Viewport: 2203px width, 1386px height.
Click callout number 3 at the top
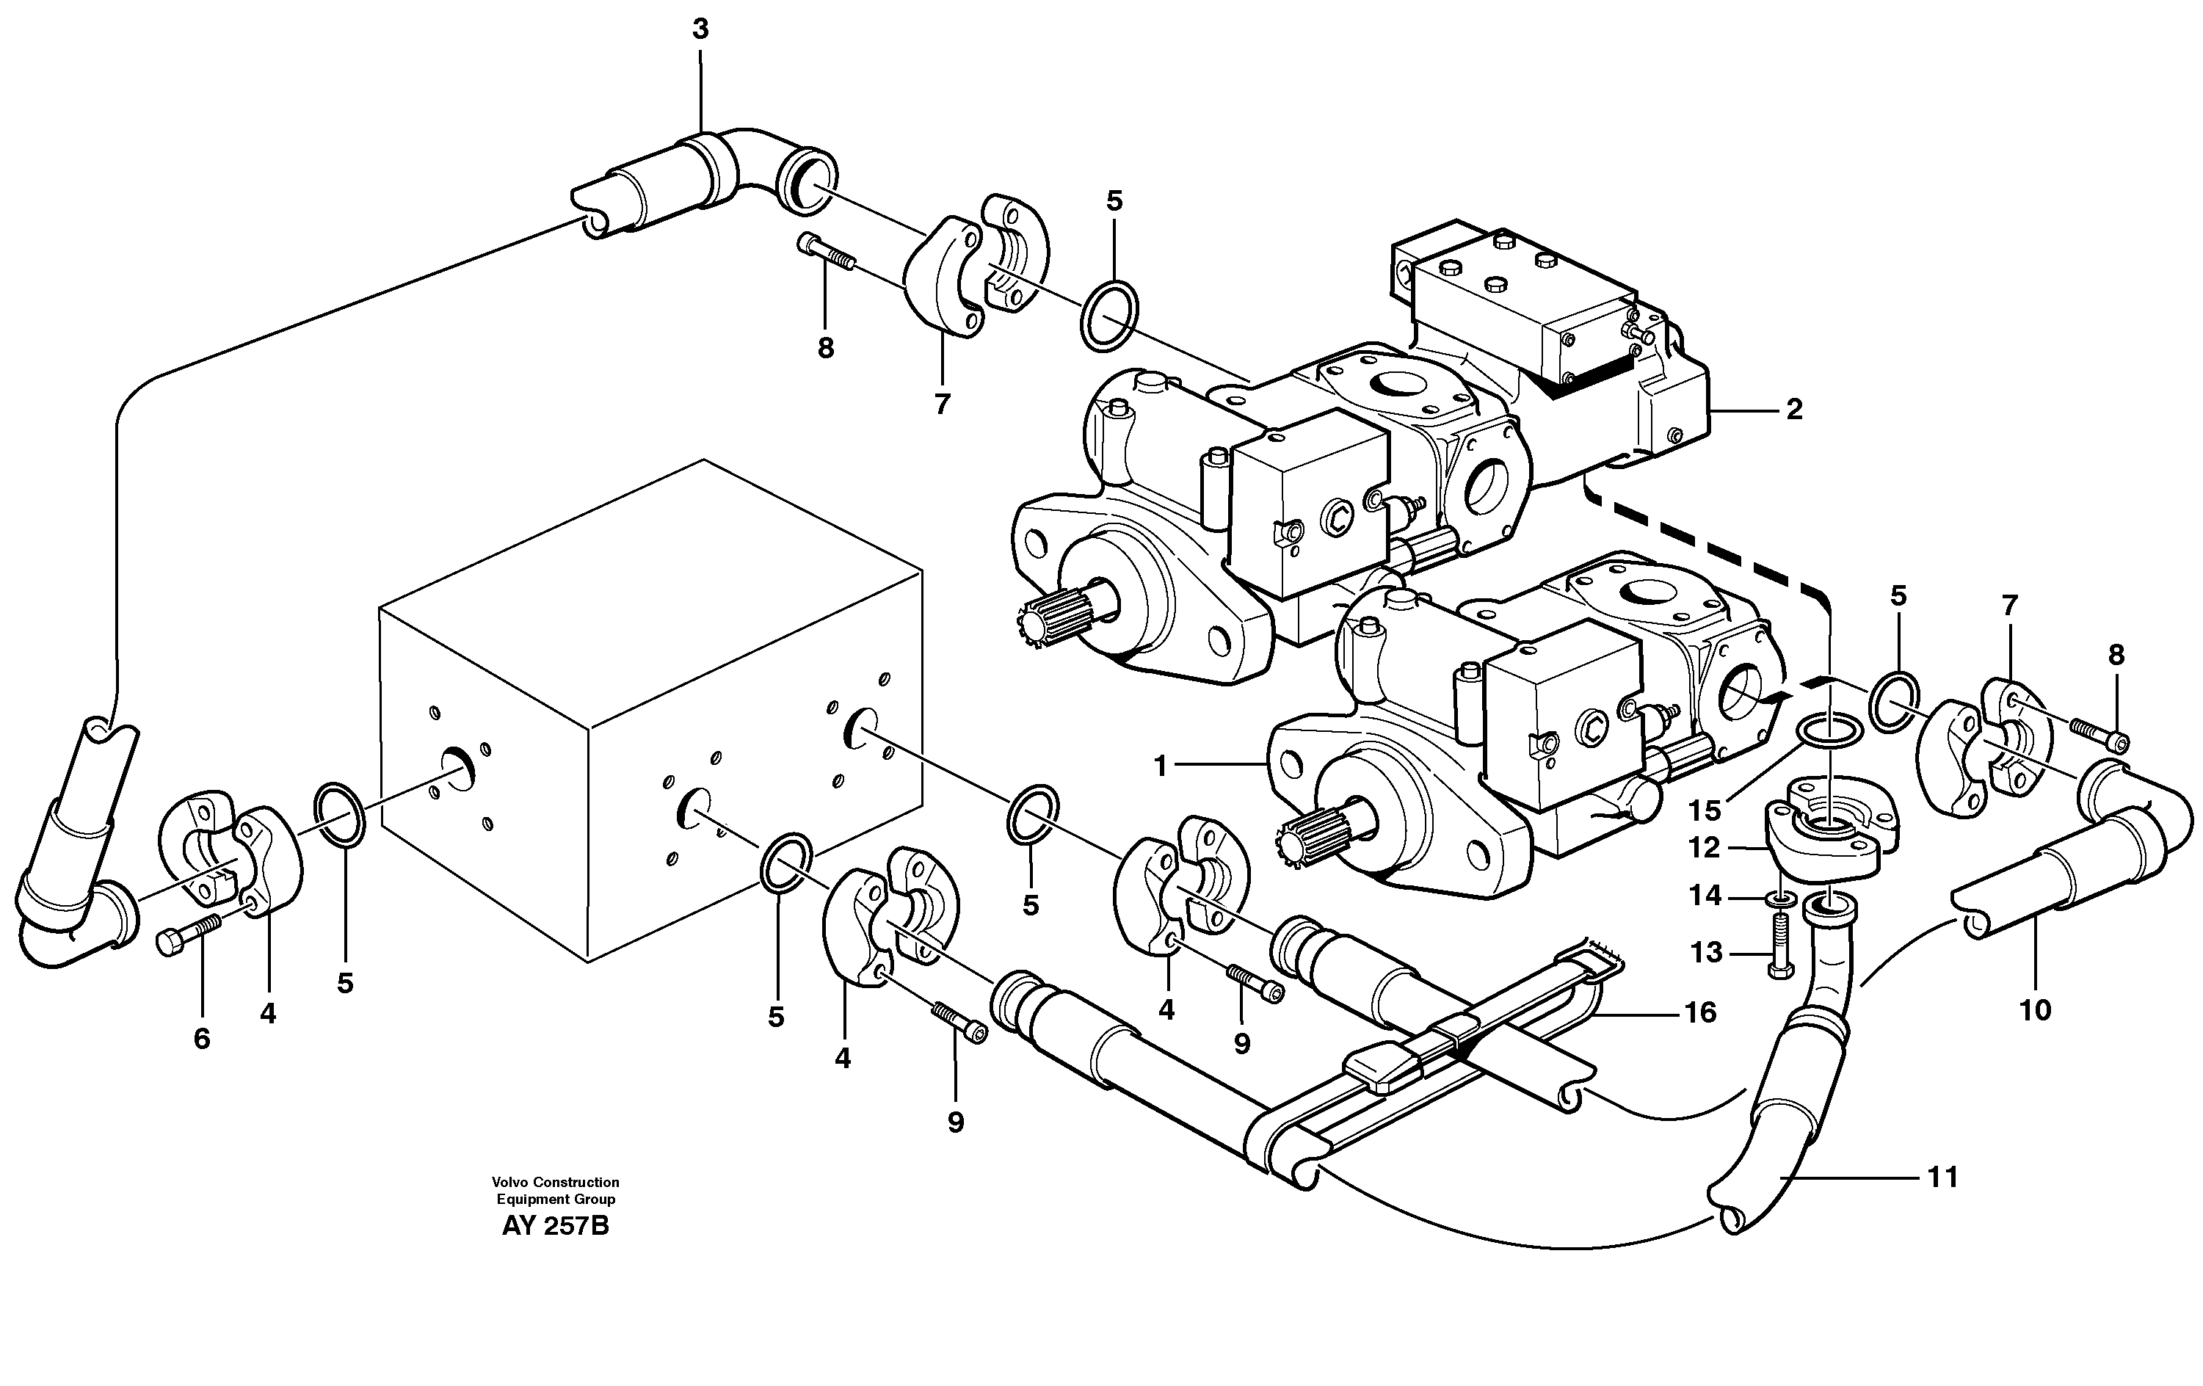coord(700,30)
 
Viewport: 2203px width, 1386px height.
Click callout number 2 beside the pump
coord(1794,410)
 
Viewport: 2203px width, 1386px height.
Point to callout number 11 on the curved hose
coord(1942,1178)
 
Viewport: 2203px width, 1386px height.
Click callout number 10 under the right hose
coord(2036,1010)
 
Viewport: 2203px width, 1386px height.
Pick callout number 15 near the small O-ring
coord(1705,810)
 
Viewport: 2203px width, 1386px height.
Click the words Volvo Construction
coord(555,1182)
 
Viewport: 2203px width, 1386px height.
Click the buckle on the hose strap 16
coord(1382,1070)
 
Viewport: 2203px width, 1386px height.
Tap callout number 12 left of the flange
coord(1705,848)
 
